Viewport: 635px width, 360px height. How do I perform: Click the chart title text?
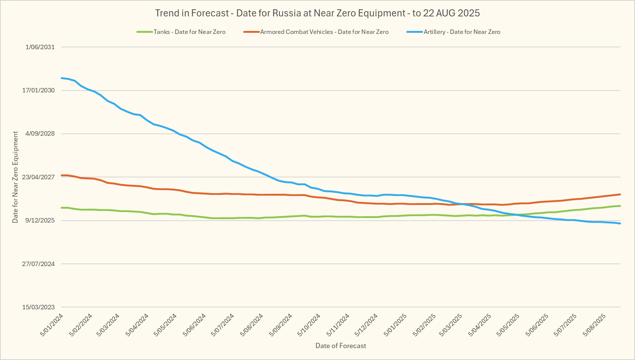pos(317,13)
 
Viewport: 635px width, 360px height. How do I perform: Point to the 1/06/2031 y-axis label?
pos(40,47)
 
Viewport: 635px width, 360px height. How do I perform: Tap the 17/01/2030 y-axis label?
pos(38,90)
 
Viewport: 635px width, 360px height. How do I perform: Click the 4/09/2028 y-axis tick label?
pos(40,133)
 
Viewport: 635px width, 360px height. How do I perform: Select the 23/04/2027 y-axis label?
pos(38,177)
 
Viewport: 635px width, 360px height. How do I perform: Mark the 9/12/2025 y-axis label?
pos(40,220)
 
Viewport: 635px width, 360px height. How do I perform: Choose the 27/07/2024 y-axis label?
pos(38,264)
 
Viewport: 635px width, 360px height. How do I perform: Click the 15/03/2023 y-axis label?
pos(38,307)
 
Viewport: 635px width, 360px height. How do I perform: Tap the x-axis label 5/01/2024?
pos(52,325)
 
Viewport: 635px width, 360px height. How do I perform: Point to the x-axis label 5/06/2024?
pos(195,325)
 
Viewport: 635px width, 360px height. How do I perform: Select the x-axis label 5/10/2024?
pos(309,325)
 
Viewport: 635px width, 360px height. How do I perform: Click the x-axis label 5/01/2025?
pos(396,325)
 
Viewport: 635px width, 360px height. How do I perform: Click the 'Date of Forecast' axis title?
pos(341,346)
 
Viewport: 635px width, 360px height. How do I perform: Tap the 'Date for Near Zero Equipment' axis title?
pos(15,177)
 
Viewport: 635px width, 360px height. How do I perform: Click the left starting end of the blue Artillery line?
pos(62,78)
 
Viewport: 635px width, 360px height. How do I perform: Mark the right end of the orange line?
pos(620,194)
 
